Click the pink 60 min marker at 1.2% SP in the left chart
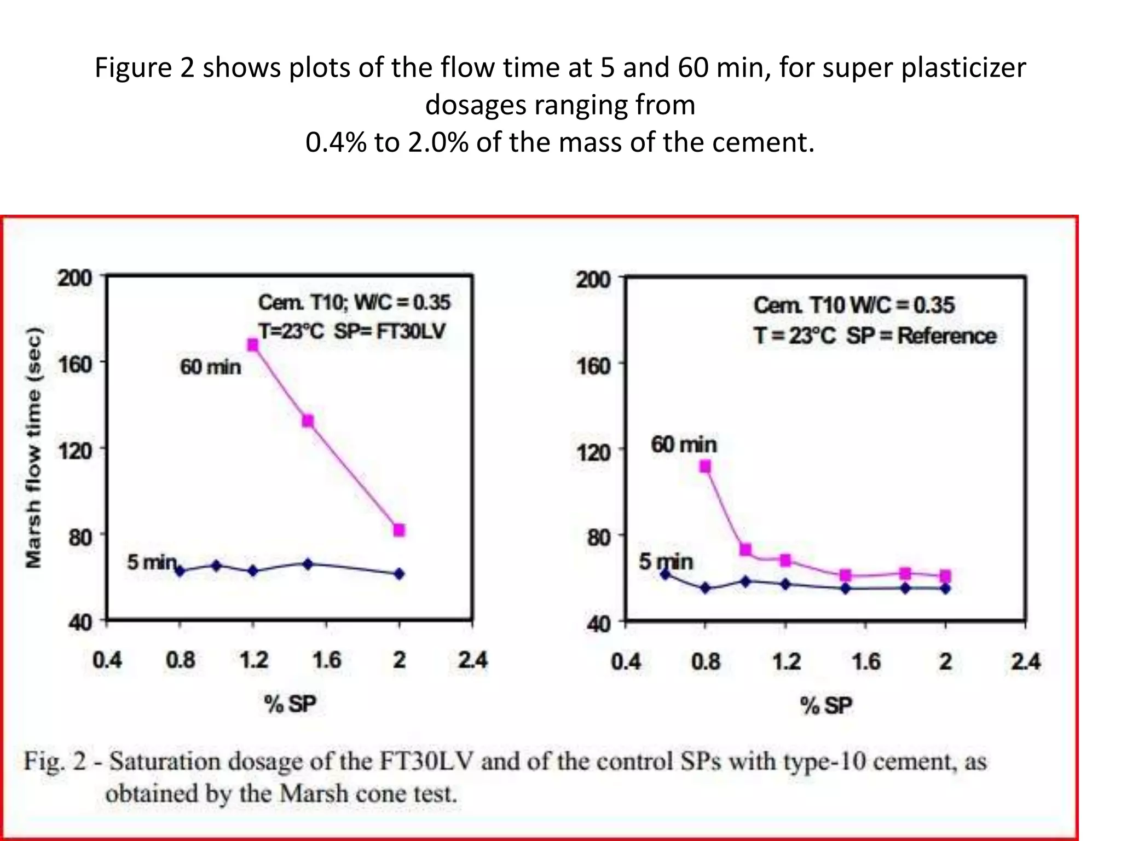[x=253, y=345]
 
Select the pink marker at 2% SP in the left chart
[x=399, y=530]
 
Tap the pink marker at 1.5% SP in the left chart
[x=308, y=420]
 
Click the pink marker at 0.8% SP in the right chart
[x=706, y=466]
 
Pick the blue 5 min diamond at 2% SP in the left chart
[x=399, y=574]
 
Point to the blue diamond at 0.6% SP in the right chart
[x=666, y=574]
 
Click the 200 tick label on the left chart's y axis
[x=75, y=278]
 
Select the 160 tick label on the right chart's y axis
[x=593, y=365]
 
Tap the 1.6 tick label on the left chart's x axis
[x=326, y=660]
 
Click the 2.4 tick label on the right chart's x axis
[x=1025, y=662]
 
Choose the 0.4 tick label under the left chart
[x=107, y=660]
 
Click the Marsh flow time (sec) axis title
[x=33, y=447]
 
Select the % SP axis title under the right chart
[x=826, y=705]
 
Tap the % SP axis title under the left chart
[x=290, y=704]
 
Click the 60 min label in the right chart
[x=684, y=445]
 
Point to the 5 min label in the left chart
[x=152, y=562]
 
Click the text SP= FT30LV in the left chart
[x=390, y=331]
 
